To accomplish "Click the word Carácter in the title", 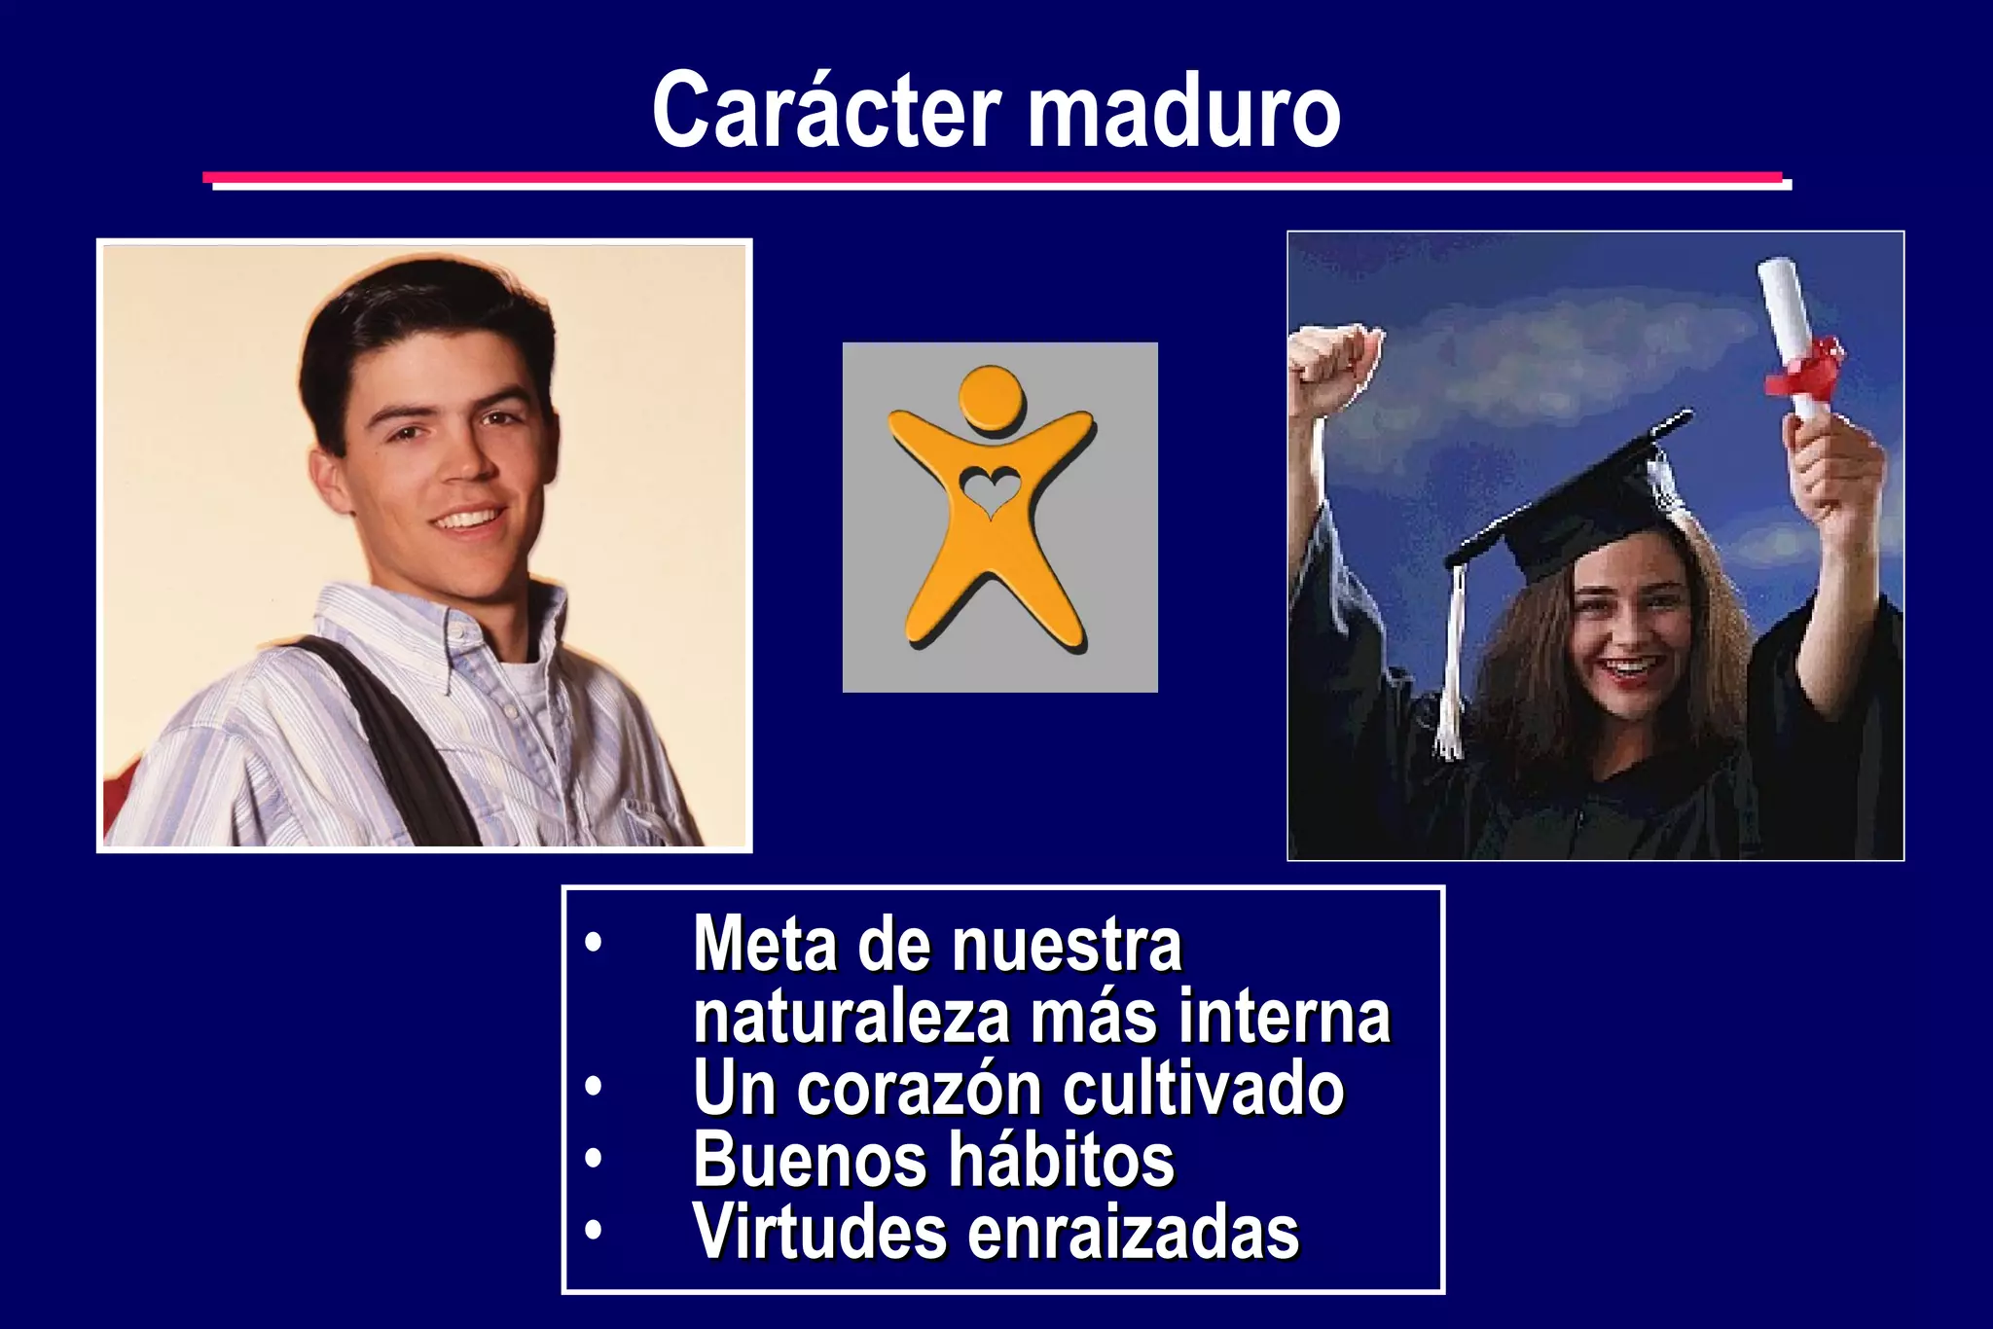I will (x=826, y=110).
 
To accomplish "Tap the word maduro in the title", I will (x=1184, y=112).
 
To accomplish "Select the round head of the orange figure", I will (x=992, y=399).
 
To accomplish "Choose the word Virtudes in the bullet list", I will (x=818, y=1232).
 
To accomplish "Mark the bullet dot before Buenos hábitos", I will (x=594, y=1159).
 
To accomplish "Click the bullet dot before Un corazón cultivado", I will (x=594, y=1087).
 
